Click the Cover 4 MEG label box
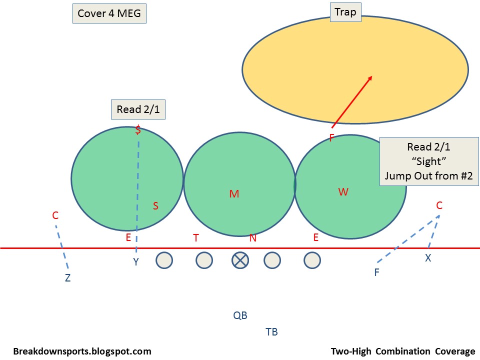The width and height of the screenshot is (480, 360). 109,13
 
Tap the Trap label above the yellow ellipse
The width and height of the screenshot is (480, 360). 345,12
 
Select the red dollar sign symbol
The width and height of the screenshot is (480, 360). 138,131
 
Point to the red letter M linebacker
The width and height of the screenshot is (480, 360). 234,194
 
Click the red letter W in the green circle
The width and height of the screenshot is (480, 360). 343,192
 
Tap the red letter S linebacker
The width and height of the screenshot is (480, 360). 155,206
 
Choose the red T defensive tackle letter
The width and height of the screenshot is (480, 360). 196,238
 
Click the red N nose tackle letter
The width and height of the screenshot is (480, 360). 253,238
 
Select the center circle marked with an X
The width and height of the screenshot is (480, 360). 240,260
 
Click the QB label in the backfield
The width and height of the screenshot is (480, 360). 240,315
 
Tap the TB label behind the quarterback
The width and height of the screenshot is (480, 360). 271,331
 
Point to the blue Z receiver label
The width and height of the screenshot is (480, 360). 67,278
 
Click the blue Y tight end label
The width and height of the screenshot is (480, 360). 135,261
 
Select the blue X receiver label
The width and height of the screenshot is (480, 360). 428,258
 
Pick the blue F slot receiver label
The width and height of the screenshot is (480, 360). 376,272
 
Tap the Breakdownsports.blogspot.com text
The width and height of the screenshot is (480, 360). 82,351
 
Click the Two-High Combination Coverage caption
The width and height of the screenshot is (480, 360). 402,351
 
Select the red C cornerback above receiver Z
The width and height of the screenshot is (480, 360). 55,215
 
